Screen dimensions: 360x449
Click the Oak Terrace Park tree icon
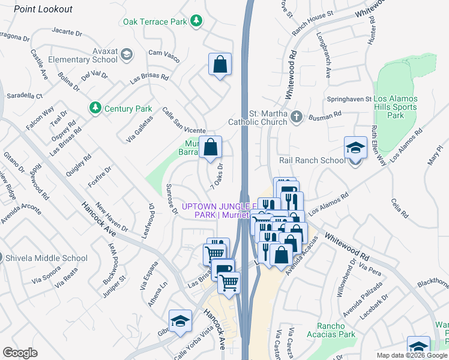click(196, 22)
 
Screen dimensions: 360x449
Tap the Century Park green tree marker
click(94, 108)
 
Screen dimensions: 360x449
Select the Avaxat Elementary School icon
click(126, 55)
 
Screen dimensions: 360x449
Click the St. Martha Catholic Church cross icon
click(295, 116)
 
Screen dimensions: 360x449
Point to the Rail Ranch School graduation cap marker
click(355, 148)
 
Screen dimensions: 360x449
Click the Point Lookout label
click(43, 9)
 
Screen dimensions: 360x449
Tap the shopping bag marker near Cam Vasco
click(220, 64)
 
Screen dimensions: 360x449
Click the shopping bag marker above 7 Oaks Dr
click(211, 147)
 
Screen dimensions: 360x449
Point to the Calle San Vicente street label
click(184, 121)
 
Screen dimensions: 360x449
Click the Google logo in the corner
click(20, 352)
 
